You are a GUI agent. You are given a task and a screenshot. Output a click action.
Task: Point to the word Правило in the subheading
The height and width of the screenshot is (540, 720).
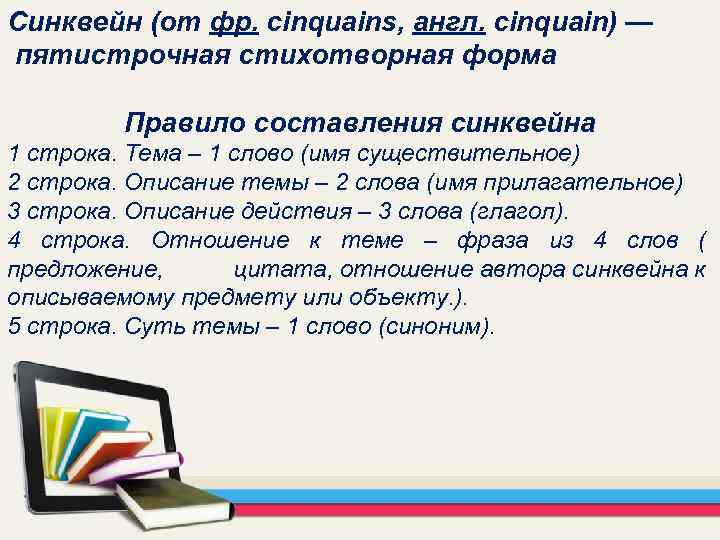click(184, 123)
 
